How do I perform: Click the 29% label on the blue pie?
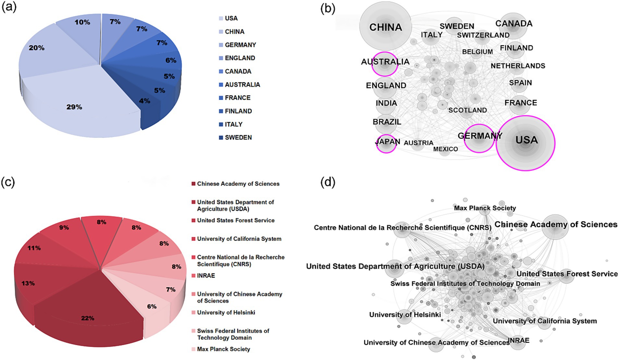click(x=74, y=107)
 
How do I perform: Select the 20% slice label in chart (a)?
click(x=36, y=48)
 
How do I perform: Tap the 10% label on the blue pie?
click(x=82, y=22)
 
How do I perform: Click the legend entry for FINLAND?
click(x=238, y=111)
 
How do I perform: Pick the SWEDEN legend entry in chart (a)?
click(x=238, y=138)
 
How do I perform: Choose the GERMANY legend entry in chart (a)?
click(x=240, y=45)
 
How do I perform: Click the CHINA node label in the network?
click(x=385, y=27)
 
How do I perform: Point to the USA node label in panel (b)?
click(x=527, y=140)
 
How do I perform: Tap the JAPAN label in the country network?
click(x=387, y=142)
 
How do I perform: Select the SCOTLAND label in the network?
click(x=467, y=110)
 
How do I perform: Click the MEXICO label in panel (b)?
click(x=445, y=149)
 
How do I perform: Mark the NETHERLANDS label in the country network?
click(x=518, y=66)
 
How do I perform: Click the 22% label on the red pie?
click(x=88, y=318)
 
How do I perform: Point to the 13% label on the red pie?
click(x=28, y=283)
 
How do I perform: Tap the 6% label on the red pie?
click(x=152, y=306)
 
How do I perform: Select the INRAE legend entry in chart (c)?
click(x=206, y=276)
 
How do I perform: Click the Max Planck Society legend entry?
click(x=223, y=349)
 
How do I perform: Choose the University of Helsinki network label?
click(x=405, y=315)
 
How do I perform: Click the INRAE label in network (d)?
click(x=518, y=340)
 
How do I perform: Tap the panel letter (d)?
click(x=328, y=182)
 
